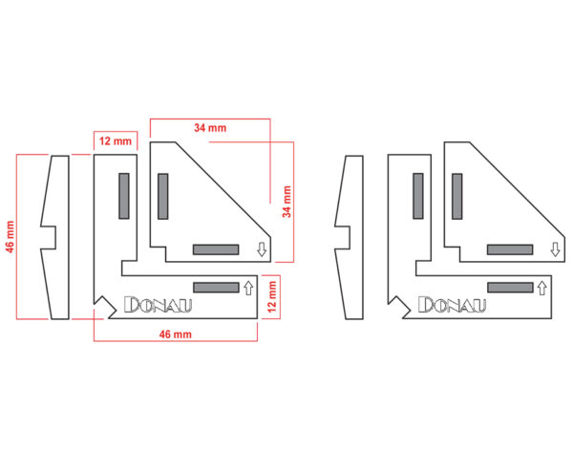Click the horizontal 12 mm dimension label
[116, 141]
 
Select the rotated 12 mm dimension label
[272, 296]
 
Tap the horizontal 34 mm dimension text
[210, 128]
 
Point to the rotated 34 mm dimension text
[286, 202]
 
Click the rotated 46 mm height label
[10, 237]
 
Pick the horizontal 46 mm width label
[176, 334]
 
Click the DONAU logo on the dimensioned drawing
[158, 305]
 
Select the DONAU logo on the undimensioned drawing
[452, 305]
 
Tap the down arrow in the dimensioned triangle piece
[262, 249]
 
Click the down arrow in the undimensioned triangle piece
[556, 249]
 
